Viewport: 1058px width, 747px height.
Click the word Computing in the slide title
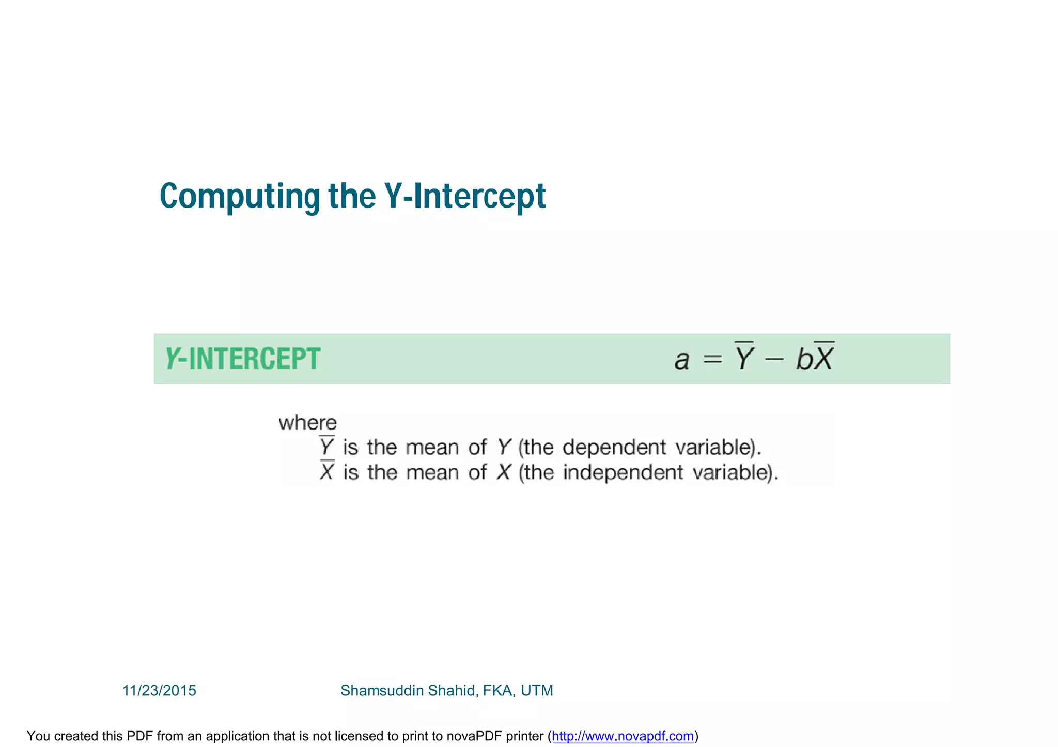240,196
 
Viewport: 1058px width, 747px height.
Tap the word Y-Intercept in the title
464,196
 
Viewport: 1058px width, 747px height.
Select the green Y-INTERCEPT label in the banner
243,359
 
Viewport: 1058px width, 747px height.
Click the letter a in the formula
682,360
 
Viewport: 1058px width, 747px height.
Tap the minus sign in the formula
774,359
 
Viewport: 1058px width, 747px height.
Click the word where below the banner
307,423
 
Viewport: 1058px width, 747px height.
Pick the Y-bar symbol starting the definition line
326,447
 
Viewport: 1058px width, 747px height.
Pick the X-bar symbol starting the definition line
326,471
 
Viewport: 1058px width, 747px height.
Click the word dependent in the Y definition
614,447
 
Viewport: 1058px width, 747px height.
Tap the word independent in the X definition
623,472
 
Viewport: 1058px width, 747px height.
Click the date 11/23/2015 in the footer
159,691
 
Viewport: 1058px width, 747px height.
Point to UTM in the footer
537,691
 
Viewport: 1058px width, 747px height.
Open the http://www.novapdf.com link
623,736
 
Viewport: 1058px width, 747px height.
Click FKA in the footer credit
498,691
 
